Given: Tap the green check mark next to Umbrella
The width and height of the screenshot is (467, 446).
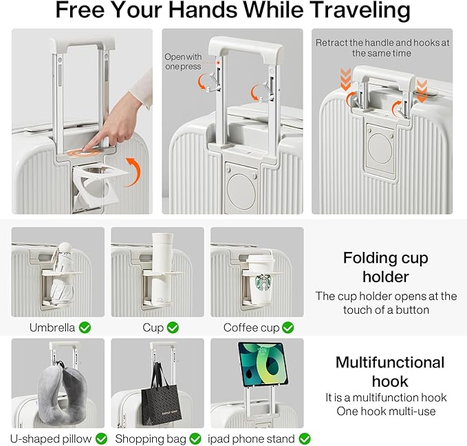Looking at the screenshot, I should [x=85, y=328].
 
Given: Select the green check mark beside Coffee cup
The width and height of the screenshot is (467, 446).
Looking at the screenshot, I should [x=287, y=328].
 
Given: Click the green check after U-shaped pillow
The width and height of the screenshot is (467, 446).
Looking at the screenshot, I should [x=101, y=438].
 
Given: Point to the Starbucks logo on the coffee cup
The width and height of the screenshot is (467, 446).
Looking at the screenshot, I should [x=263, y=282].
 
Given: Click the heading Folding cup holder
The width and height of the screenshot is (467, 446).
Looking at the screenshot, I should [x=386, y=267].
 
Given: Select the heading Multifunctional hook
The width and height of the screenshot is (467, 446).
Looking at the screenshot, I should [x=390, y=372].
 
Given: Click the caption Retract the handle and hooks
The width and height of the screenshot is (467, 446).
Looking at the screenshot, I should [x=382, y=47].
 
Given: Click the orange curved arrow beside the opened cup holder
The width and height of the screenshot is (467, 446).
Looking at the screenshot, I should [x=136, y=169].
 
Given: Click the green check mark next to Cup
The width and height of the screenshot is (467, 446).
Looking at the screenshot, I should [x=173, y=328].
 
